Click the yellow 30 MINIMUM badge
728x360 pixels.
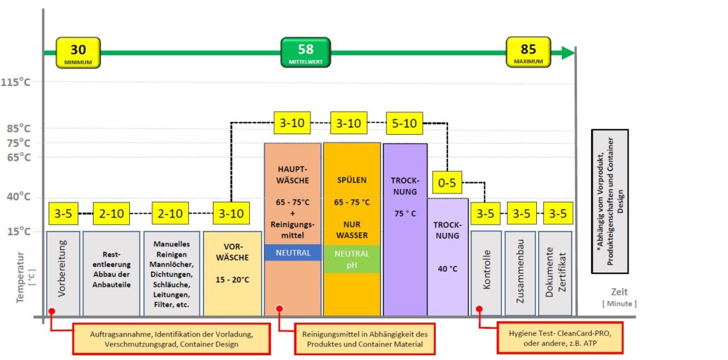pos(78,52)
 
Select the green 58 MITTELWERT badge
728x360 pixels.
pos(305,52)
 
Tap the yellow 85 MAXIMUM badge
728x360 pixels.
pos(528,52)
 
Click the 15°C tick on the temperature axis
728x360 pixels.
pos(20,232)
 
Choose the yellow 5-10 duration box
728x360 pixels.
pos(404,123)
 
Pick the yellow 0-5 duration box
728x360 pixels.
pos(447,183)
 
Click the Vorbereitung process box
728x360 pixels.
pos(63,274)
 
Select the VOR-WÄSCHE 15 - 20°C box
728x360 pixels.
pos(232,274)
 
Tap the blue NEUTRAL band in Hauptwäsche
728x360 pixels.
pos(293,252)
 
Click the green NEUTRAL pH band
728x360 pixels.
pos(352,259)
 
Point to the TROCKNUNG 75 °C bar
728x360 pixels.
pos(405,229)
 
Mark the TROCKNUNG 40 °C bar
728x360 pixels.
pos(447,257)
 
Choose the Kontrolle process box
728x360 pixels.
pos(486,274)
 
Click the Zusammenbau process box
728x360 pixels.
pos(521,274)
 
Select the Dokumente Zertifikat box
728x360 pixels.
pos(555,274)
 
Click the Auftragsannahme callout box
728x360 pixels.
pos(171,338)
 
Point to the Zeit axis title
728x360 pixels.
pos(619,292)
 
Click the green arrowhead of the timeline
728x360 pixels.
pos(569,52)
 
